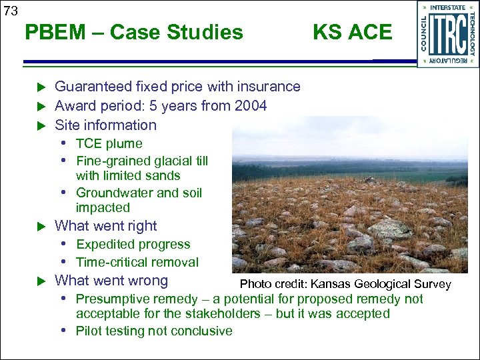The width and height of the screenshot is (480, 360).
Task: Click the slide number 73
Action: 11,10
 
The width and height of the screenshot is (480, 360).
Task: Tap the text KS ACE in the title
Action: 352,32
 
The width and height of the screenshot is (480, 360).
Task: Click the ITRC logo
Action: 448,35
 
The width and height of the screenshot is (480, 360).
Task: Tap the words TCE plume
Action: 109,144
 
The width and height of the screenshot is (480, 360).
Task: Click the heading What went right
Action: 105,226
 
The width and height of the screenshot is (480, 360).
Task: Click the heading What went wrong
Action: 111,281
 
